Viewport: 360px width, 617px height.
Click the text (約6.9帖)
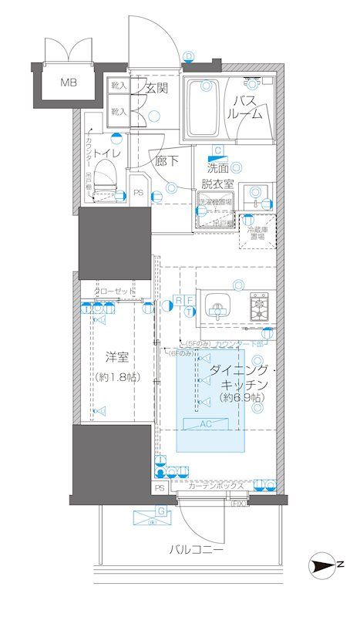point(238,397)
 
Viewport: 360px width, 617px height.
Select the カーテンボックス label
point(216,487)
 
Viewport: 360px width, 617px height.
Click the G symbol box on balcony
point(160,511)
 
